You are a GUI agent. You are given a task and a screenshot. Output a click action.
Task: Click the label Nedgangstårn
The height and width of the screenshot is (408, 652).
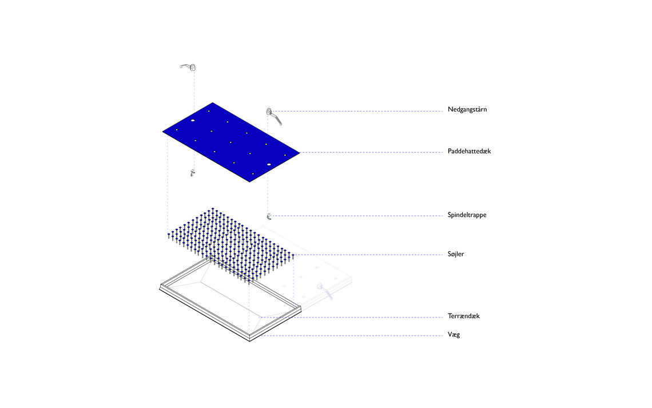coord(467,110)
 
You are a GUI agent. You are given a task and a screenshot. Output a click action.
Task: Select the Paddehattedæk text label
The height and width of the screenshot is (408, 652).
coord(469,151)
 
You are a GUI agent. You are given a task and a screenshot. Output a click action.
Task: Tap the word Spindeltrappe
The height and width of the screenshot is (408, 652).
coord(467,215)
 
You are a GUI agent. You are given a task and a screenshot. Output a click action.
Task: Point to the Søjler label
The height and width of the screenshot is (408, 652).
coord(456,254)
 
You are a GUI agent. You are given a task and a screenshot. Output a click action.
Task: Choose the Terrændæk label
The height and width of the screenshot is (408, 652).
coord(464,316)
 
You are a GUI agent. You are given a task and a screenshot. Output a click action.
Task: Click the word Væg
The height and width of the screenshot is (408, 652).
coord(454,334)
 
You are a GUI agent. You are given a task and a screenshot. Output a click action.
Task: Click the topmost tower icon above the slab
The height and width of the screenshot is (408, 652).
coord(188,67)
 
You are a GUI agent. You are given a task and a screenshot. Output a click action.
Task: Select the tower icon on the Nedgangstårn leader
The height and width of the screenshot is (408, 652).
coord(273,116)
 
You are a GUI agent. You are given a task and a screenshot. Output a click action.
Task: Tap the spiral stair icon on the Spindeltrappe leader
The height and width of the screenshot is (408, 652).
coord(269,216)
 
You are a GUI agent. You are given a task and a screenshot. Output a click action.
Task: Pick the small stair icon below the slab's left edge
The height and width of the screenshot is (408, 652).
coord(192,173)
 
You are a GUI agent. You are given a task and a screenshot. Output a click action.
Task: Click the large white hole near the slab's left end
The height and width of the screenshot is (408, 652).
coord(193,121)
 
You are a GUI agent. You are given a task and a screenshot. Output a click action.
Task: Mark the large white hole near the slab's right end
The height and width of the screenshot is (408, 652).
coord(269,165)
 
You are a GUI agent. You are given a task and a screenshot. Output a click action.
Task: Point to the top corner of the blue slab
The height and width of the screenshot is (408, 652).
coord(213,103)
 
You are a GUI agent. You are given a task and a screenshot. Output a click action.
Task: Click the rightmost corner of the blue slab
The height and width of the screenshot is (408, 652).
coord(299,153)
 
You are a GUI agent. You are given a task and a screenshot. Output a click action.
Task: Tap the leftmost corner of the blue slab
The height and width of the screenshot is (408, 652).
coord(162,132)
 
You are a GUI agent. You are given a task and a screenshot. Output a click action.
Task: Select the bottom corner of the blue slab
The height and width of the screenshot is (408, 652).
coord(249,181)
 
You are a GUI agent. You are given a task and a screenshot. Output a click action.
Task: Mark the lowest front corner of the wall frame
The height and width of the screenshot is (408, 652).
coord(249,341)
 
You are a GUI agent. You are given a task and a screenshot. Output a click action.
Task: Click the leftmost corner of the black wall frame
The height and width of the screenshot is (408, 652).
coord(160,287)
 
